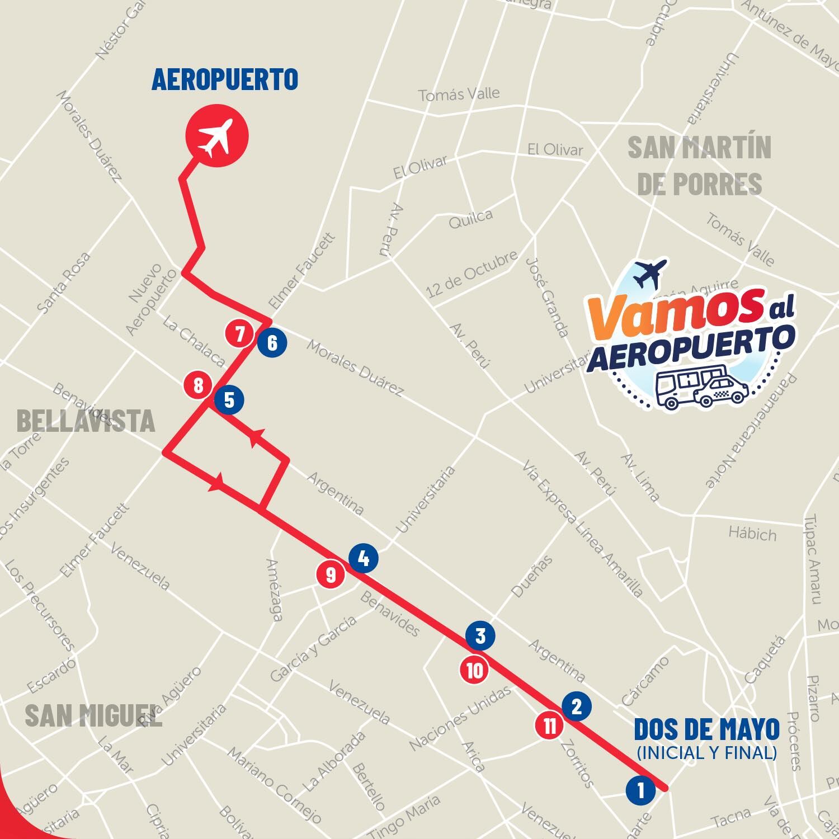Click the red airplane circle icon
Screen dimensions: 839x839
pos(216,136)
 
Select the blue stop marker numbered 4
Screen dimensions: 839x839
pos(363,558)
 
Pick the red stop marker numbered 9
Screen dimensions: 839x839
pos(331,574)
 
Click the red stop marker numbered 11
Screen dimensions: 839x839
pos(550,726)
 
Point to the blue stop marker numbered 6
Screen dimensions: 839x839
pos(272,342)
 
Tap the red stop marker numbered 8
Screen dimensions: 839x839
pos(198,385)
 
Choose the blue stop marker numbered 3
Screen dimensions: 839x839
pos(480,636)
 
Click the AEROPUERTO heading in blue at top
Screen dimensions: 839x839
pos(225,79)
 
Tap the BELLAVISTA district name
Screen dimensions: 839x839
pos(86,421)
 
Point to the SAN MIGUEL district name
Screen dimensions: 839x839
pos(93,715)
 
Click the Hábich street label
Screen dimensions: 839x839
pos(752,533)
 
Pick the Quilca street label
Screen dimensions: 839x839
pos(471,220)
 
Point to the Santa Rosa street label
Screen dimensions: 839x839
pos(63,282)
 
